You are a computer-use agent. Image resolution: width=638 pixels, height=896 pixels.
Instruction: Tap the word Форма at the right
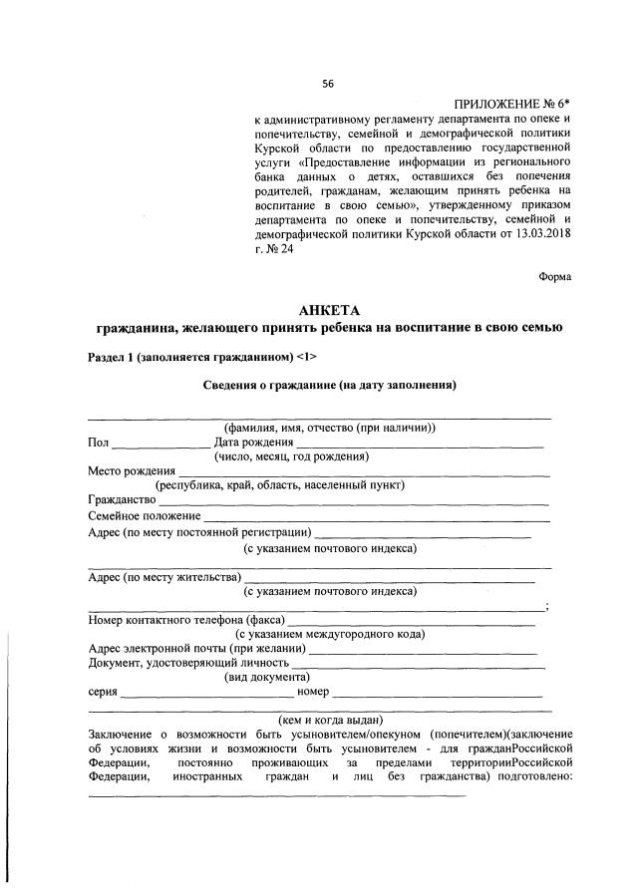coord(555,276)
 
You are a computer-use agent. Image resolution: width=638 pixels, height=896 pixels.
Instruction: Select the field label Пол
coord(98,443)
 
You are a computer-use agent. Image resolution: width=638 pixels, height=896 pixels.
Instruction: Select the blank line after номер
coord(439,694)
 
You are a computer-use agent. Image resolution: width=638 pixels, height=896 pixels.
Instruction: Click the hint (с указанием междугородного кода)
coord(329,633)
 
